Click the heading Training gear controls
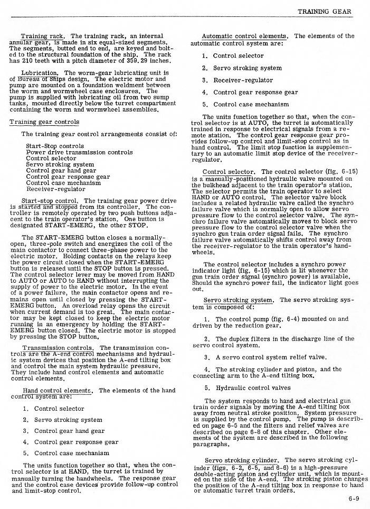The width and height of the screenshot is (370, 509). click(x=44, y=122)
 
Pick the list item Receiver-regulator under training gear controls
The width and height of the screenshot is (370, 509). click(x=51, y=189)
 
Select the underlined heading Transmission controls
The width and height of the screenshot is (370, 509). click(x=58, y=348)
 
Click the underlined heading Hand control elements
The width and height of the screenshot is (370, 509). click(x=58, y=391)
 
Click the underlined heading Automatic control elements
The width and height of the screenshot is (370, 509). click(x=245, y=36)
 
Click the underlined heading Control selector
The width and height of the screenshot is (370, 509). click(x=229, y=172)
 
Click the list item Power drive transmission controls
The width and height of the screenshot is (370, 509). click(x=79, y=152)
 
